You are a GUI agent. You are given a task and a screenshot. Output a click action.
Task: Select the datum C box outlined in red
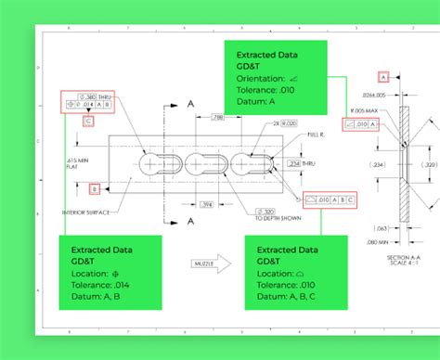87,121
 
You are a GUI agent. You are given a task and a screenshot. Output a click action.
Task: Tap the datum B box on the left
94,189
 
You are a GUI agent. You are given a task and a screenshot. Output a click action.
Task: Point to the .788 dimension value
215,118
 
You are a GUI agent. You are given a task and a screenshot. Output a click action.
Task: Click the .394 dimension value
209,204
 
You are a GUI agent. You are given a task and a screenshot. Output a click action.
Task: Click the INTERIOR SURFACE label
113,212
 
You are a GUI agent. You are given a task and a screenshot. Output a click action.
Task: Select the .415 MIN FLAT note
77,163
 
